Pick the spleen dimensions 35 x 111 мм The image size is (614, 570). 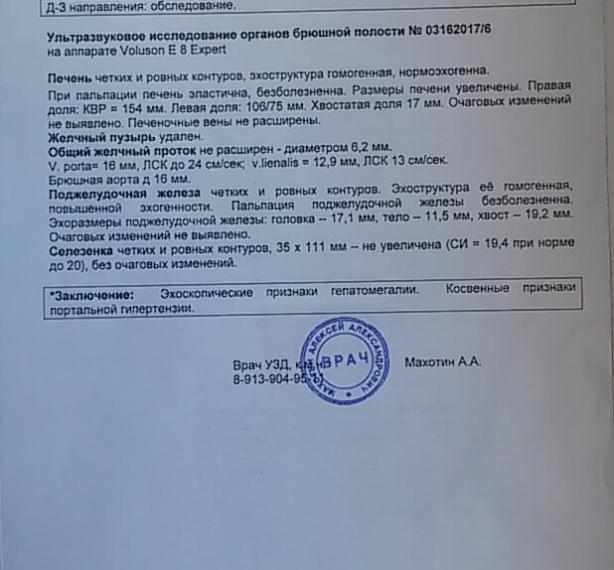coord(298,251)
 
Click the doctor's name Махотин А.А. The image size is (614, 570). coord(443,362)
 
